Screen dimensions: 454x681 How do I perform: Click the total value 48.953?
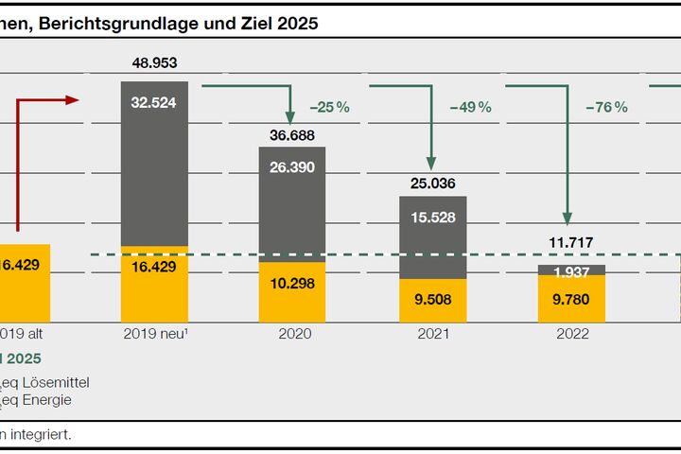pyautogui.click(x=154, y=64)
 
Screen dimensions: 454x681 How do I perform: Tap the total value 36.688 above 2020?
pyautogui.click(x=292, y=134)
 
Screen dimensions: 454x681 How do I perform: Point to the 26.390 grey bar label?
pyautogui.click(x=292, y=166)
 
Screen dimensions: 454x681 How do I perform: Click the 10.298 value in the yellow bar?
pyautogui.click(x=292, y=283)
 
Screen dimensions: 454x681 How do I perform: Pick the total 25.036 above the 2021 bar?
pyautogui.click(x=432, y=183)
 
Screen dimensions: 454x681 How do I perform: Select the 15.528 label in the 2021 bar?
pyautogui.click(x=432, y=217)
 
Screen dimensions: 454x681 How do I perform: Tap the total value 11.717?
pyautogui.click(x=571, y=243)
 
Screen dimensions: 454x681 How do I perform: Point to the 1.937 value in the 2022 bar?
pyautogui.click(x=571, y=273)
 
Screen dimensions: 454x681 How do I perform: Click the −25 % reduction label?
pyautogui.click(x=330, y=107)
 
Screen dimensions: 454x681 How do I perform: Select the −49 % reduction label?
pyautogui.click(x=471, y=107)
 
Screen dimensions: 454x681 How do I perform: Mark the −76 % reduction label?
pyautogui.click(x=607, y=107)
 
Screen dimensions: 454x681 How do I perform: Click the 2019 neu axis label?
pyautogui.click(x=153, y=334)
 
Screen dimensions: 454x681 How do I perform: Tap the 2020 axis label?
pyautogui.click(x=292, y=334)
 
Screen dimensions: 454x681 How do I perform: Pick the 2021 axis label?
pyautogui.click(x=432, y=334)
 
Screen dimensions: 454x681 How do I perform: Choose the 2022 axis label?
pyautogui.click(x=571, y=334)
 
